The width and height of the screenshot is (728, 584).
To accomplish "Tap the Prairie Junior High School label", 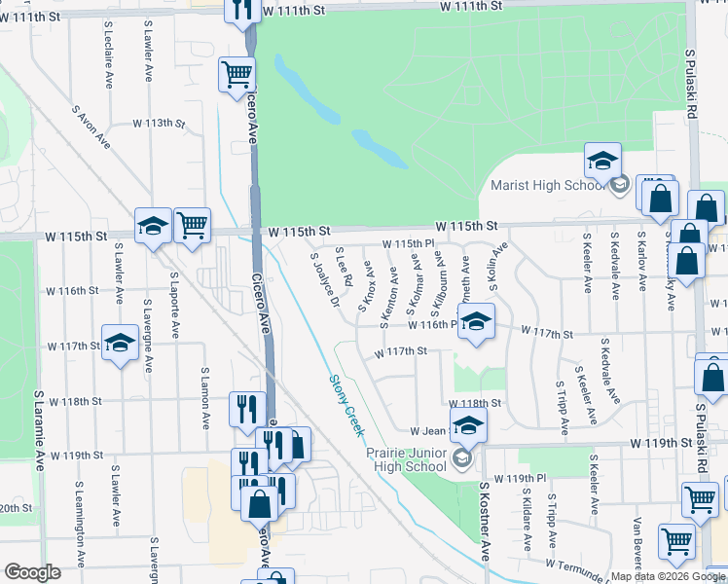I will point(406,459).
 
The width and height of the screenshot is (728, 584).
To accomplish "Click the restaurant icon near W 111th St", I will point(240,10).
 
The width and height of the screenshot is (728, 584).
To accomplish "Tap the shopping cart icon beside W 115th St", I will point(192,226).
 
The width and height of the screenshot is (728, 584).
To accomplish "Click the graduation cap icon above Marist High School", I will point(602,160).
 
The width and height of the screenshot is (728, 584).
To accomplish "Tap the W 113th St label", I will point(159,124).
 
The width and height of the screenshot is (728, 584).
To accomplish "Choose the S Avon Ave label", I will point(91,128).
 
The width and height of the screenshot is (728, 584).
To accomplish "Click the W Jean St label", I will point(429,430).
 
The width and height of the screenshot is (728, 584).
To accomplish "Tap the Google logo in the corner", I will point(33,573).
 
